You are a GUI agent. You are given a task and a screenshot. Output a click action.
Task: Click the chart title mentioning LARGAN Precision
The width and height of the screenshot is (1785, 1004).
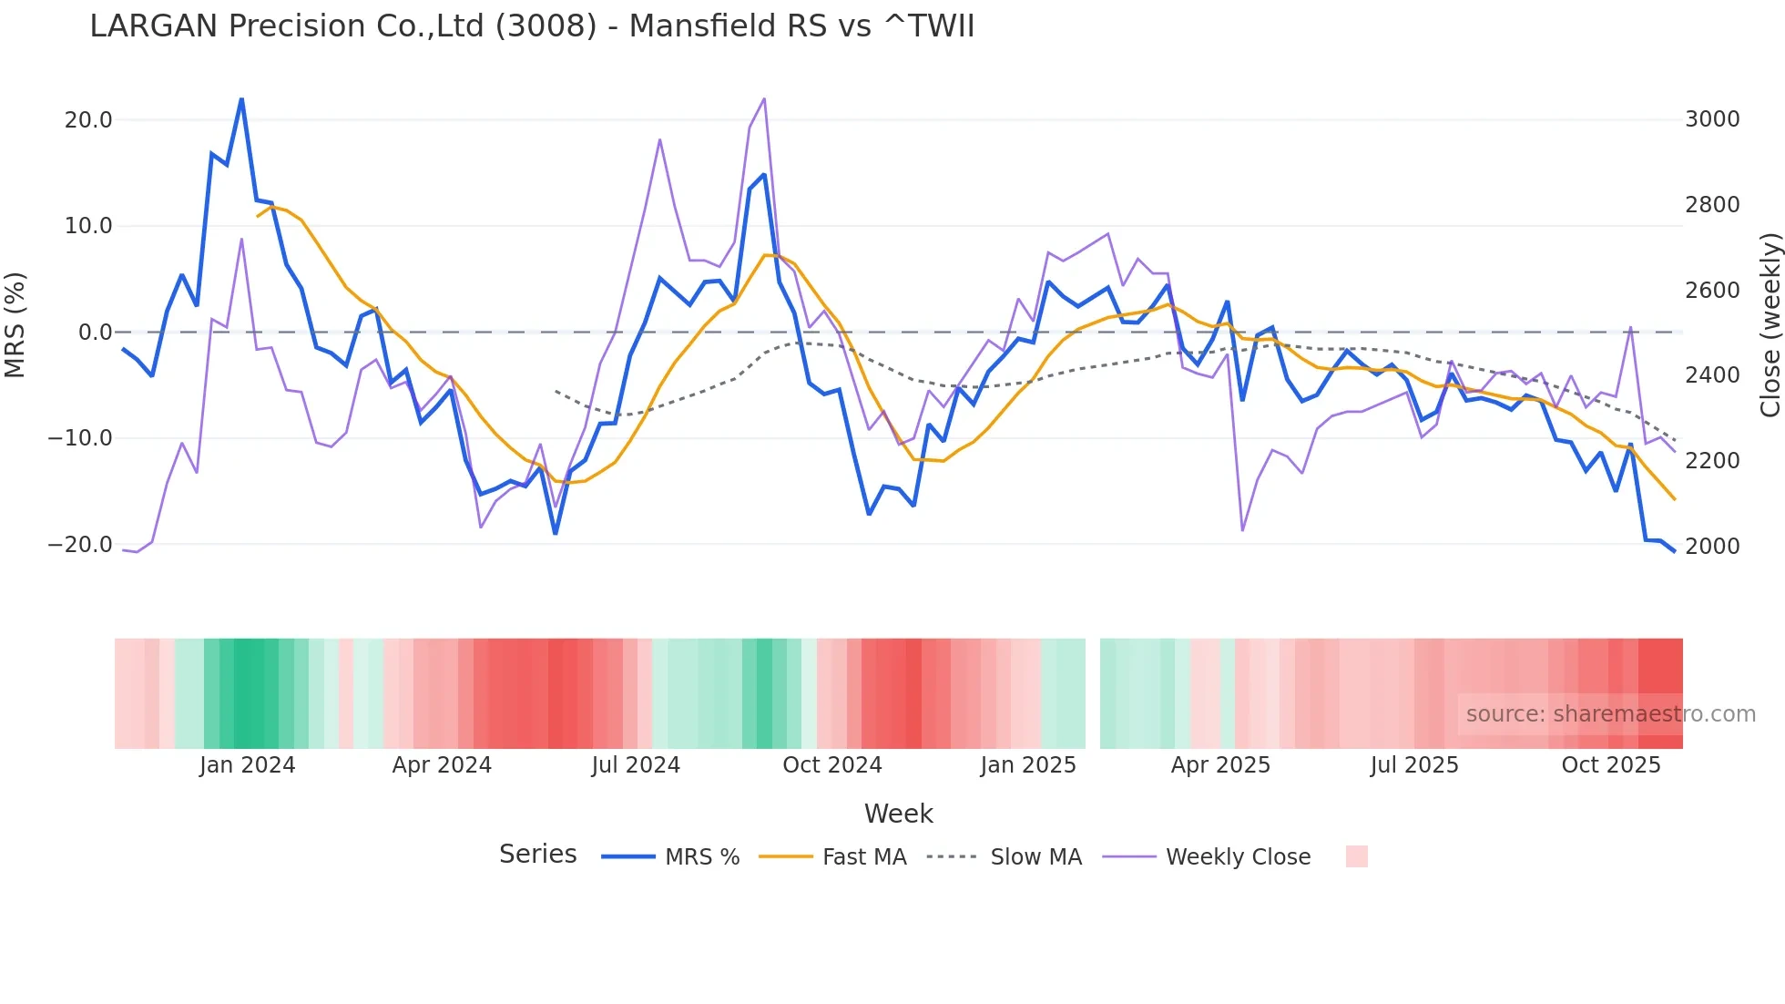tap(532, 26)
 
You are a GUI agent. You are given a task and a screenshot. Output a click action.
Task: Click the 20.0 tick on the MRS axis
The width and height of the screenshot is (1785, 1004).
tap(88, 120)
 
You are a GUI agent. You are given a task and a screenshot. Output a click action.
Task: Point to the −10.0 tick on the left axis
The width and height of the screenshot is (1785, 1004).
tap(80, 438)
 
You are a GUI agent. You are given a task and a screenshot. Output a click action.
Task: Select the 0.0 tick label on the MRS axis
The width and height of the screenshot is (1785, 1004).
tap(96, 333)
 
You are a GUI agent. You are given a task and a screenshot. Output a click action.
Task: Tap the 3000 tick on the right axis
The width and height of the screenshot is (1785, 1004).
tap(1712, 119)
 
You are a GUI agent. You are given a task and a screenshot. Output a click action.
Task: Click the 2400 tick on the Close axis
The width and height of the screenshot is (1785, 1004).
tap(1712, 375)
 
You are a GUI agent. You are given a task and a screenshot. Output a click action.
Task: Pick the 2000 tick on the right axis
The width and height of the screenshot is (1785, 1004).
tap(1712, 546)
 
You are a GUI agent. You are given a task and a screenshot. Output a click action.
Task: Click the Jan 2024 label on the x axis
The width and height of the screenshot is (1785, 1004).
tap(247, 765)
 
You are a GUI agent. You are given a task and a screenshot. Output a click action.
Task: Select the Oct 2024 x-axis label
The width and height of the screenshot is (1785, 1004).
tap(831, 765)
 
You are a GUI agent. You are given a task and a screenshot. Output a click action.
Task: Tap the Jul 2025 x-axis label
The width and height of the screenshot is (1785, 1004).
tap(1413, 765)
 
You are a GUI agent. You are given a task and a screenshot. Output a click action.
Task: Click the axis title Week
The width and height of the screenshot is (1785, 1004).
tap(898, 814)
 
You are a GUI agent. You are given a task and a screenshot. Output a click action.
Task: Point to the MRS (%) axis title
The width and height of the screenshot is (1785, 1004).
tap(15, 324)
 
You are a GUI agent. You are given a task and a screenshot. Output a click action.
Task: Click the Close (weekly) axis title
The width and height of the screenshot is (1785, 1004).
tap(1770, 325)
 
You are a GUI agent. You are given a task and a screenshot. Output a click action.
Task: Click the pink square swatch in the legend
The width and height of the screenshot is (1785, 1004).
tap(1356, 856)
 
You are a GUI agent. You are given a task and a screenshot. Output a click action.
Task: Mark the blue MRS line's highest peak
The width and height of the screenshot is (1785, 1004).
tap(241, 99)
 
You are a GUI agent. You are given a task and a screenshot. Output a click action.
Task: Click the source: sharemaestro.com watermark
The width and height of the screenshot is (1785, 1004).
tap(1610, 714)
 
